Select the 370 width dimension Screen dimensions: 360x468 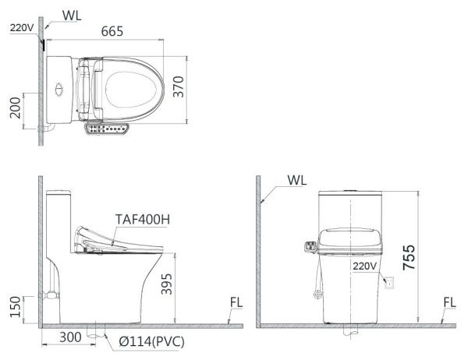coord(200,90)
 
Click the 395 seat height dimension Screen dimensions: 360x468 coord(187,290)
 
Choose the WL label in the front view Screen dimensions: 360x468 coord(296,180)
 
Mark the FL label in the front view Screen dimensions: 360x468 coord(449,302)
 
